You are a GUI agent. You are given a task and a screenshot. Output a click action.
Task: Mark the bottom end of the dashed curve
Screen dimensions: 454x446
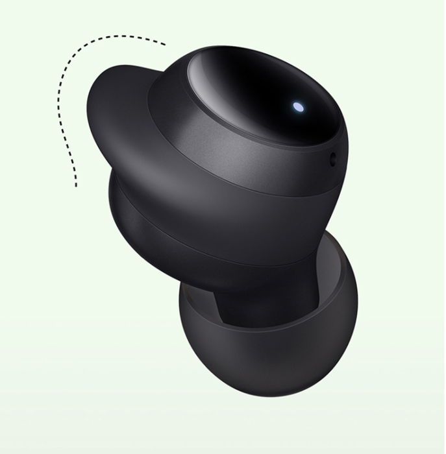(76, 187)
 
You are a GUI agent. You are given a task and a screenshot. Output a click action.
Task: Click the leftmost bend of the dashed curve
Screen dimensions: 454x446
(59, 97)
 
